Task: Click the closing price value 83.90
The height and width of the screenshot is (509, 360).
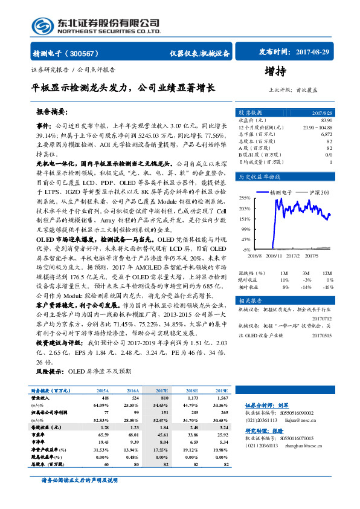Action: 326,120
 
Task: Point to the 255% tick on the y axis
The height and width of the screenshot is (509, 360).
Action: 244,198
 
